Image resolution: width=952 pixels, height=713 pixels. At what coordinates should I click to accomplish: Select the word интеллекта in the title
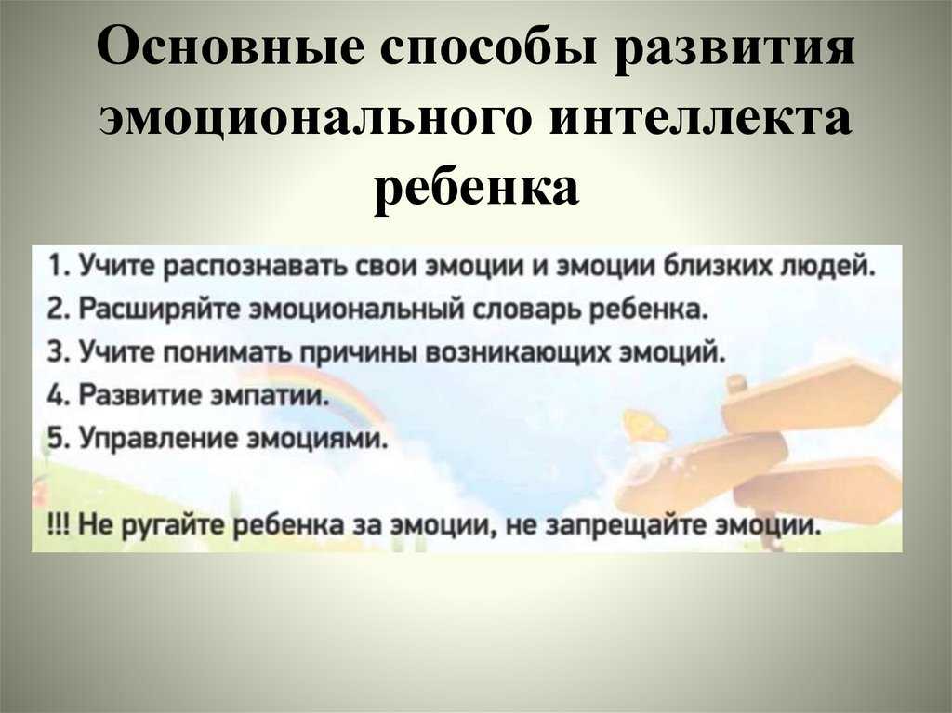pos(699,117)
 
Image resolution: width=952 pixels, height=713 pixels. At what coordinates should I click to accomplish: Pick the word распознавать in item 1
pos(255,268)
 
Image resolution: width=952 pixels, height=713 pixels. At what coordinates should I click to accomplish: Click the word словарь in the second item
pos(528,310)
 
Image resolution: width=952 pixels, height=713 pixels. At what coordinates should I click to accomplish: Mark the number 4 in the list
pos(55,395)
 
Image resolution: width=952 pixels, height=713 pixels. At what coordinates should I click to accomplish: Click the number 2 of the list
pos(55,310)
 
